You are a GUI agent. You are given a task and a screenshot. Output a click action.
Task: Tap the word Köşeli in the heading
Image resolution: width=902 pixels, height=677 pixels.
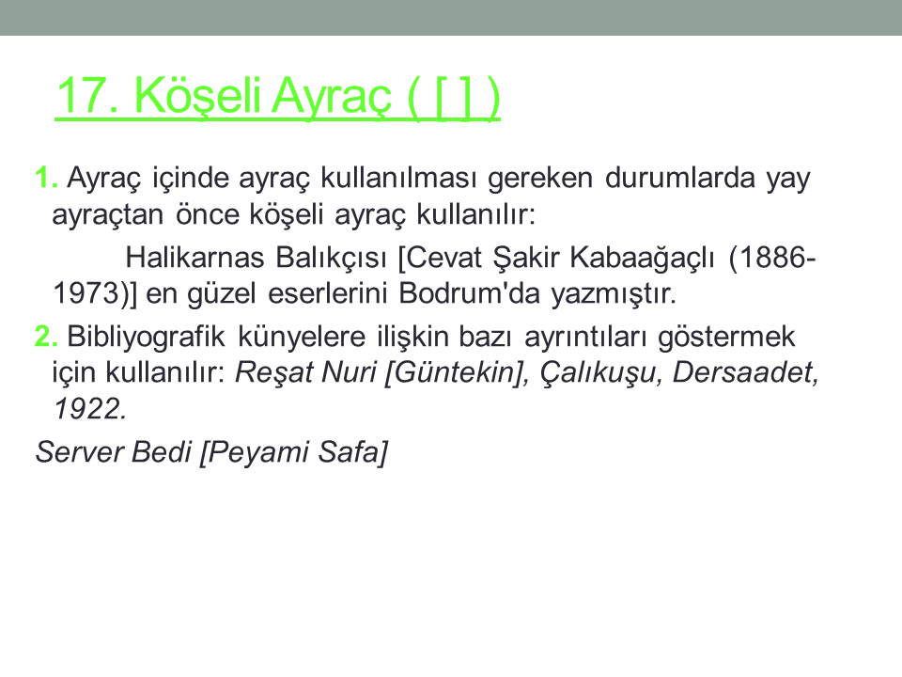click(198, 97)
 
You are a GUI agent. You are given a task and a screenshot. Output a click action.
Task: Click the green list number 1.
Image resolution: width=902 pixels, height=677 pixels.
click(46, 178)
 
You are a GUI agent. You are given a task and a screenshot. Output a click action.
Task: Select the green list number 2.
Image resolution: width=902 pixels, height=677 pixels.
click(46, 337)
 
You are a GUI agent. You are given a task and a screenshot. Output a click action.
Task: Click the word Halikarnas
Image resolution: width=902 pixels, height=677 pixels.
click(194, 258)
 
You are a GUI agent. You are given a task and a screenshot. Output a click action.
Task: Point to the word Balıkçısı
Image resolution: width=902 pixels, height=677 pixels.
click(331, 258)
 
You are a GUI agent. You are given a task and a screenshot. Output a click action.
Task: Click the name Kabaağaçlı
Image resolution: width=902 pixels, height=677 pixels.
click(643, 258)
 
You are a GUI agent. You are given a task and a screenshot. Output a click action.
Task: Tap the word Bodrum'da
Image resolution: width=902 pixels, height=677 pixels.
click(470, 293)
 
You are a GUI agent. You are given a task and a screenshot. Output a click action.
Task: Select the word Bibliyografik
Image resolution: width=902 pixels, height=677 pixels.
click(147, 337)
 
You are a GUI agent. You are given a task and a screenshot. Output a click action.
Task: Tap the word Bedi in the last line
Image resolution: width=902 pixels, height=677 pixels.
click(162, 452)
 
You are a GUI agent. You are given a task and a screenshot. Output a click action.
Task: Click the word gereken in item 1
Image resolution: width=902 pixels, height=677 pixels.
click(540, 179)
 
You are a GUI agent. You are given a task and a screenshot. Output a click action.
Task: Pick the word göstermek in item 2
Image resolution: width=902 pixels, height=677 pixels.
click(726, 338)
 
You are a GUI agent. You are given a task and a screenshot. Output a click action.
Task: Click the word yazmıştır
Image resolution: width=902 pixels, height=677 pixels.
click(614, 294)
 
